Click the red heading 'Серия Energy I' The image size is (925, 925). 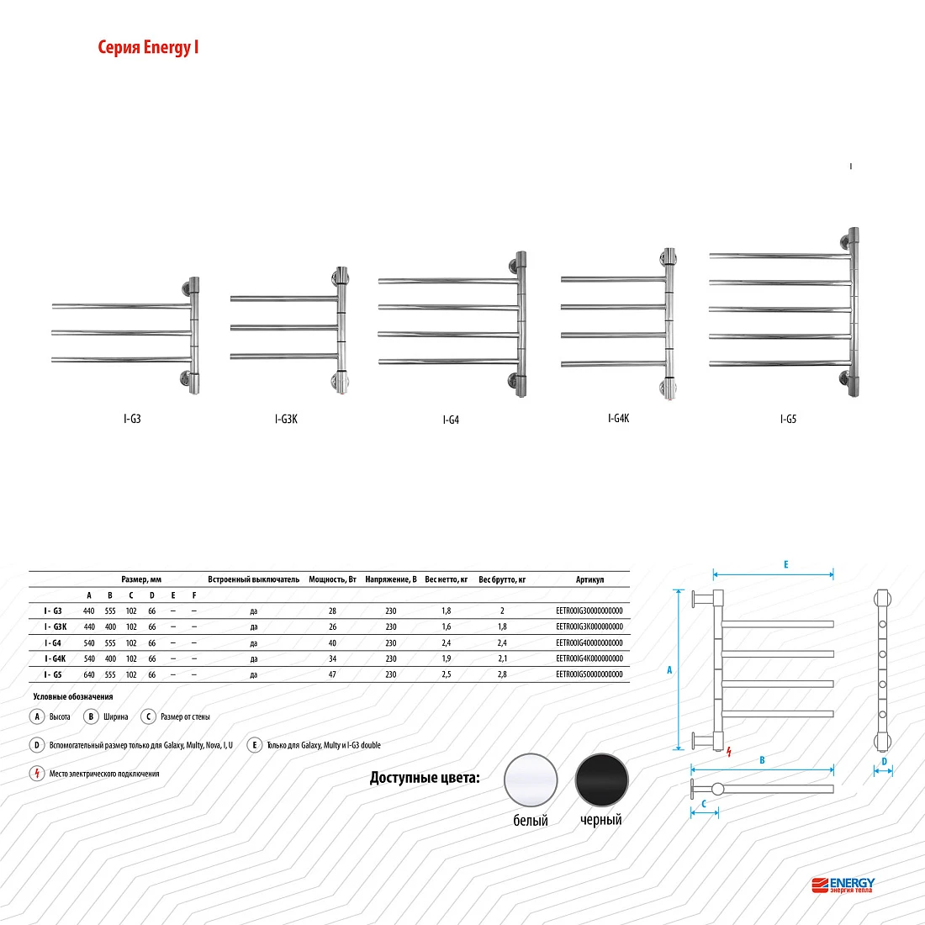[x=148, y=47]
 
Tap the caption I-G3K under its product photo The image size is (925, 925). [x=286, y=419]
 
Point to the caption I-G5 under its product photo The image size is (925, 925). [x=788, y=419]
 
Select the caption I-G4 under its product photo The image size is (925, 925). [x=451, y=420]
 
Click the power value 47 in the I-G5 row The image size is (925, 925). [x=332, y=674]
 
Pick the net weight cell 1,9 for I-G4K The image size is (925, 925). [x=446, y=658]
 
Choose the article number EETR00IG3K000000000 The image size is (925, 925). [x=589, y=626]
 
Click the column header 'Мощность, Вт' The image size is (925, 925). [x=333, y=579]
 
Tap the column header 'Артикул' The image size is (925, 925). [x=589, y=579]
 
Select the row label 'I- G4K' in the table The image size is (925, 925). [x=55, y=658]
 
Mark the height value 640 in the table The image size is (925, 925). [x=89, y=674]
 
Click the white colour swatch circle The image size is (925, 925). [x=531, y=780]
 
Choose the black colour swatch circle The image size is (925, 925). [x=602, y=780]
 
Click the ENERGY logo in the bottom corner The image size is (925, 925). [x=843, y=885]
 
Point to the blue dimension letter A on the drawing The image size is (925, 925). [x=669, y=670]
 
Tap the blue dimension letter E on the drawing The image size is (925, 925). [x=785, y=564]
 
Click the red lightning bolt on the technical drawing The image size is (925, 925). [x=729, y=752]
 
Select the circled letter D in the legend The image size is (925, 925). [x=36, y=745]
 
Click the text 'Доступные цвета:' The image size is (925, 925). [x=425, y=778]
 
